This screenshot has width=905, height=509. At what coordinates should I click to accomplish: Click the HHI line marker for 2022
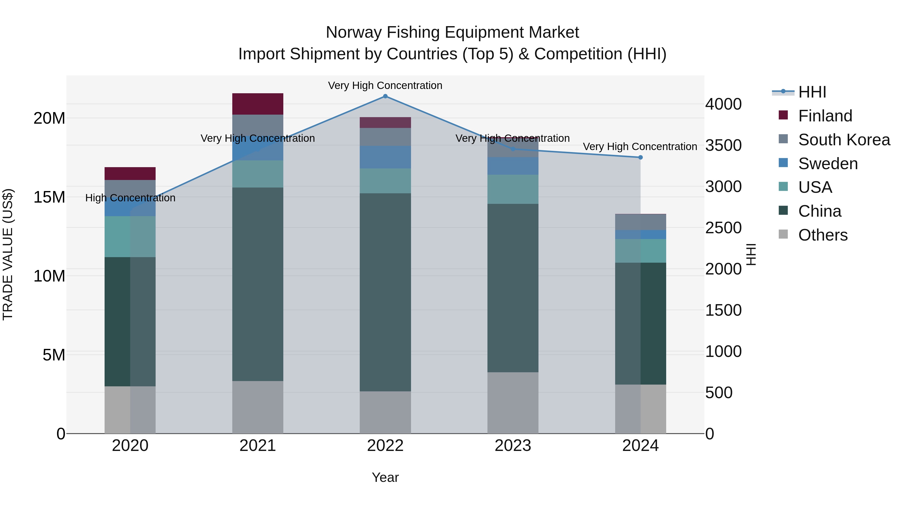pyautogui.click(x=385, y=96)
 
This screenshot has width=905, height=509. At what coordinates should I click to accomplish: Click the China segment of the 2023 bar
pyautogui.click(x=513, y=288)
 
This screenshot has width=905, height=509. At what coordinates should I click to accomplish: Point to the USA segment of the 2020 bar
pyautogui.click(x=130, y=237)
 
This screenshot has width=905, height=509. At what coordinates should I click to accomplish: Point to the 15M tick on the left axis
pyautogui.click(x=49, y=197)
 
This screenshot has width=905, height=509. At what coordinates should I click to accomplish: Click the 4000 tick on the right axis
pyautogui.click(x=723, y=104)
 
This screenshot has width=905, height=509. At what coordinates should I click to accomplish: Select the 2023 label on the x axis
pyautogui.click(x=513, y=446)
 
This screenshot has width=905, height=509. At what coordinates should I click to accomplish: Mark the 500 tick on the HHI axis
pyautogui.click(x=719, y=393)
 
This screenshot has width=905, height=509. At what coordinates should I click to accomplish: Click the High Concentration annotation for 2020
pyautogui.click(x=130, y=198)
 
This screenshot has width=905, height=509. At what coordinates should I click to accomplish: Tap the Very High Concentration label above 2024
pyautogui.click(x=640, y=147)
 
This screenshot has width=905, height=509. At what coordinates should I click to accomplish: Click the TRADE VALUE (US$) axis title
pyautogui.click(x=8, y=254)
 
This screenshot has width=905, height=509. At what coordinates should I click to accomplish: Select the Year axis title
pyautogui.click(x=385, y=477)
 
